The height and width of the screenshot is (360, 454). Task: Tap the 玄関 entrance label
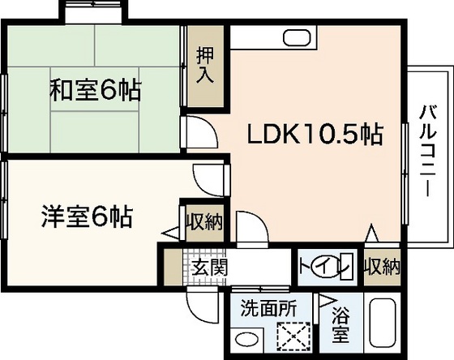pyautogui.click(x=208, y=265)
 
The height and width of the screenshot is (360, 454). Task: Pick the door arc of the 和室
pyautogui.click(x=200, y=131)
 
